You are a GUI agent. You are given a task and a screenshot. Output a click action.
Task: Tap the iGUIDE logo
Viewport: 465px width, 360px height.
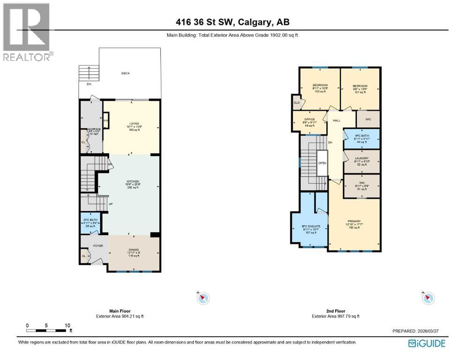coord(426,343)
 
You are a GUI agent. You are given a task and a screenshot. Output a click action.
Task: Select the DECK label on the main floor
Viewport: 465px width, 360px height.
coord(125,73)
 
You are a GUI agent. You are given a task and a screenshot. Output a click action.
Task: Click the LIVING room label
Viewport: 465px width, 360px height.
coord(122,123)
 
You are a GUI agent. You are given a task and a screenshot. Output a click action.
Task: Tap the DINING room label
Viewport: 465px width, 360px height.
coord(133,250)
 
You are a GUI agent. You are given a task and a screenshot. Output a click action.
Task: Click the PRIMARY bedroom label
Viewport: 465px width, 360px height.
coord(354,221)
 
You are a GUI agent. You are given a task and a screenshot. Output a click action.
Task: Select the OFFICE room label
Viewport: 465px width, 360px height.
coord(310,120)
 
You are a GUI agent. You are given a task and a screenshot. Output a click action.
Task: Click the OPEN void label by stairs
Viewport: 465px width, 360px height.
coord(323,163)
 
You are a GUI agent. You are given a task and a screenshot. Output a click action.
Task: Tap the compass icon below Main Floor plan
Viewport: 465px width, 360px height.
coord(203,298)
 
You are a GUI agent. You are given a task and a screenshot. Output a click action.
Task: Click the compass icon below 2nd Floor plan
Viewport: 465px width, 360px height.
coord(428,298)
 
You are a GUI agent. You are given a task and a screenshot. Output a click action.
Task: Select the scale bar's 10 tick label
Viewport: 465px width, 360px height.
coord(68,325)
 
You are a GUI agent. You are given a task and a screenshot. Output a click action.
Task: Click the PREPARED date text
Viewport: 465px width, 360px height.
coord(418,331)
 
